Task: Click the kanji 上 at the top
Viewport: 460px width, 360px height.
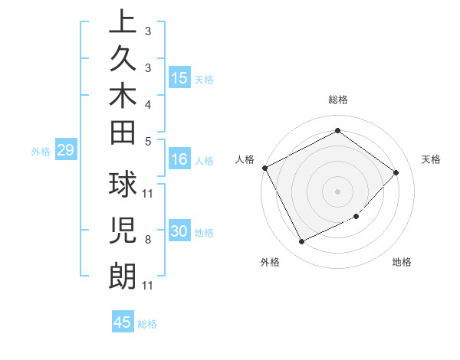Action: (123, 24)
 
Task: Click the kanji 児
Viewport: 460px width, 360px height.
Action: (123, 230)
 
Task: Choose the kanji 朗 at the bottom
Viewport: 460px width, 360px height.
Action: (123, 275)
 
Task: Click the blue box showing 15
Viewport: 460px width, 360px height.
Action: (179, 78)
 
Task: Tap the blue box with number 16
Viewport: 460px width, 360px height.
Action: (179, 160)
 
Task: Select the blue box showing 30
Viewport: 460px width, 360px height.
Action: (179, 232)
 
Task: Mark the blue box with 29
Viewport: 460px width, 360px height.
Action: (65, 150)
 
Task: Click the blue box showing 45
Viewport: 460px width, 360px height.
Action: (123, 322)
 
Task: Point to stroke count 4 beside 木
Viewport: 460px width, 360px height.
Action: (147, 103)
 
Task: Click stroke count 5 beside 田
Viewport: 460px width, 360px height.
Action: (147, 140)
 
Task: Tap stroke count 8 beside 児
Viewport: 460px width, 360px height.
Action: (147, 240)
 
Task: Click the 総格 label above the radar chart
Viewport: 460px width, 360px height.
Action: (337, 100)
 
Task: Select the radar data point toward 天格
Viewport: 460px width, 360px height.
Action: (396, 172)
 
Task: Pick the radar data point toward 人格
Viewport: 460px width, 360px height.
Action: (264, 168)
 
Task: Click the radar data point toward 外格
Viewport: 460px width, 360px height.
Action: (301, 242)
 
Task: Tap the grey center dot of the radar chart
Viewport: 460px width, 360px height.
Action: (337, 191)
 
